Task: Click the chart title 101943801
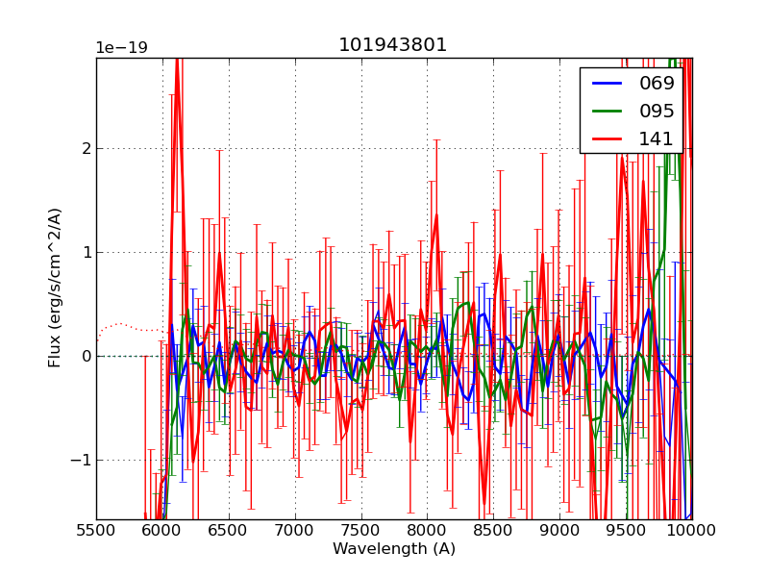(x=392, y=45)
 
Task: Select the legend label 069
(x=657, y=83)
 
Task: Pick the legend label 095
(x=657, y=111)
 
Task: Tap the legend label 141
(x=657, y=138)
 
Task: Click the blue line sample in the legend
(x=606, y=84)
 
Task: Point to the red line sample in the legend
(x=606, y=139)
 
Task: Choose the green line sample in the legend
(x=606, y=112)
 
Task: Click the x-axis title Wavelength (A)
(x=394, y=549)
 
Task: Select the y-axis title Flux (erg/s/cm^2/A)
(x=56, y=287)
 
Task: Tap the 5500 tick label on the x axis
(x=96, y=530)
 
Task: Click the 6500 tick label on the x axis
(x=229, y=530)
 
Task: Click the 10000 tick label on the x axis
(x=692, y=530)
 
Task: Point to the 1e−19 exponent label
(x=121, y=48)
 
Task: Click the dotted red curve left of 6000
(x=120, y=324)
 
